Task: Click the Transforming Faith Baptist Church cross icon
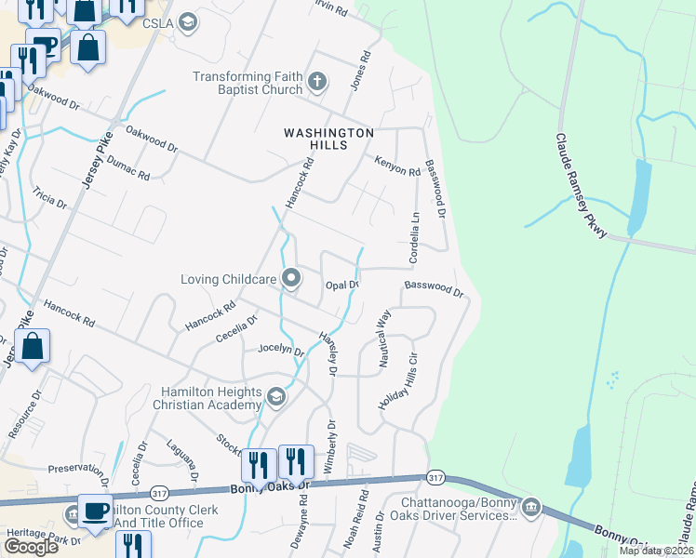pos(316,82)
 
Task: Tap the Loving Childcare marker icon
pos(291,278)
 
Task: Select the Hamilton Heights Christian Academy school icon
pos(275,398)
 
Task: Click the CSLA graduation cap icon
pos(188,22)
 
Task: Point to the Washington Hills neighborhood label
pos(328,139)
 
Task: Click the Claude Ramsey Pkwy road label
pos(582,186)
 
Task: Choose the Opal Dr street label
pos(341,284)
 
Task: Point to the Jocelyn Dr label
pos(281,351)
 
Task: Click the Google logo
pos(32,547)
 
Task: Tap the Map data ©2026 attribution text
pos(656,551)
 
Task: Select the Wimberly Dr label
pos(327,442)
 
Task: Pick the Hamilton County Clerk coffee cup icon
pos(96,510)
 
